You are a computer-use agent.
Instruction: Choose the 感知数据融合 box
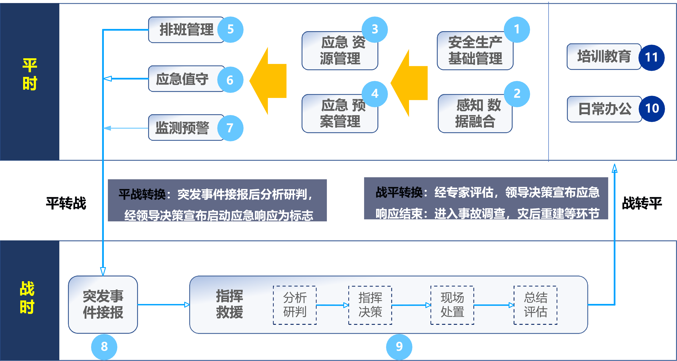tap(475, 114)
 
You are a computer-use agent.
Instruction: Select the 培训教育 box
tap(604, 56)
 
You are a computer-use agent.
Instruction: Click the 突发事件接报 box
tap(103, 305)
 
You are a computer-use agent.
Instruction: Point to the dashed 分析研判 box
tap(295, 305)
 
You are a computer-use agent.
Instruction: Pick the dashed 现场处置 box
tap(452, 305)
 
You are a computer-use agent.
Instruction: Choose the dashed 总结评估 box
tap(535, 305)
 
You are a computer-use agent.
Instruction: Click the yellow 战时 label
tap(27, 297)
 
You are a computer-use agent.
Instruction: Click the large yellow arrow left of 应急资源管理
tap(268, 81)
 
